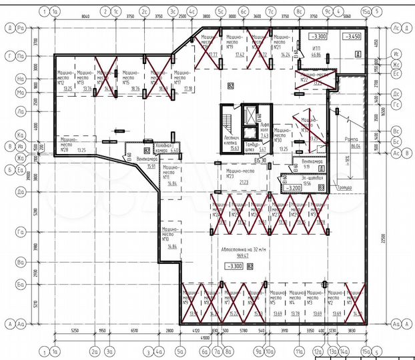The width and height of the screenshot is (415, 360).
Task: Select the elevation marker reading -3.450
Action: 352,37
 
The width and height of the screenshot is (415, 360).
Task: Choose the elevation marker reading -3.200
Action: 292,188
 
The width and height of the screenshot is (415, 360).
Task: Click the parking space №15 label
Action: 125,79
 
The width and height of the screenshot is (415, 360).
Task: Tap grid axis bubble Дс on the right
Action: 396,93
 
